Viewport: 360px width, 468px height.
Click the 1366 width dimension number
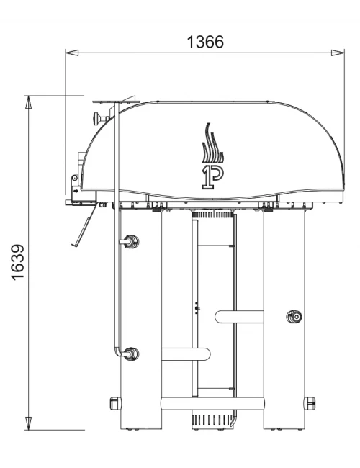205,42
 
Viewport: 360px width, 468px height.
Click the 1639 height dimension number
18,262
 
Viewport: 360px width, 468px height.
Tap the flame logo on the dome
212,143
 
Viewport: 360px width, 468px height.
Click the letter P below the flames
213,177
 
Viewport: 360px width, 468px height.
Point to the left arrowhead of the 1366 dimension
72,53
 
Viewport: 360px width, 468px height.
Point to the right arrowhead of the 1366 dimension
338,53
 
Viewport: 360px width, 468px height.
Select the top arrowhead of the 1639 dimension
28,102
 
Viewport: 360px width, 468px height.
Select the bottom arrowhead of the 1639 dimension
28,423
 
